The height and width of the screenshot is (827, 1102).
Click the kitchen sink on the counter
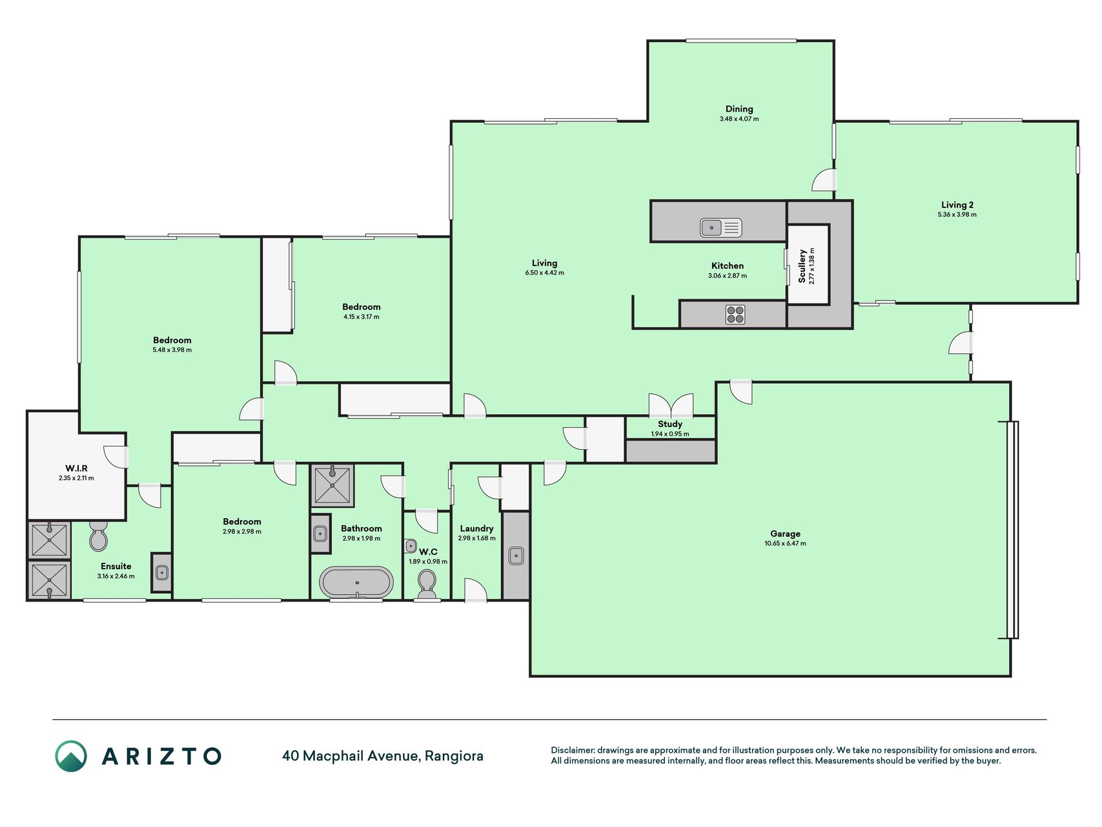pyautogui.click(x=721, y=227)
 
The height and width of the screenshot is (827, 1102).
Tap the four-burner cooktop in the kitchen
pyautogui.click(x=735, y=315)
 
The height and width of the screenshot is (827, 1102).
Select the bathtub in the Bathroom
pyautogui.click(x=356, y=582)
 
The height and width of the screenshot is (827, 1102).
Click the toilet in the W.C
pyautogui.click(x=426, y=584)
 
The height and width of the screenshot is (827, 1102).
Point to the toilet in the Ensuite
pyautogui.click(x=98, y=536)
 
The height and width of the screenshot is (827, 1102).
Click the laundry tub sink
pyautogui.click(x=516, y=556)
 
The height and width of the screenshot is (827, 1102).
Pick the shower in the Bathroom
pyautogui.click(x=332, y=485)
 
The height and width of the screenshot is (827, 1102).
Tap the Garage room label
pyautogui.click(x=785, y=534)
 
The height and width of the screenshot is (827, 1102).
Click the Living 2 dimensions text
pyautogui.click(x=957, y=215)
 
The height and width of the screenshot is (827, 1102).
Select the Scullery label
pyautogui.click(x=802, y=266)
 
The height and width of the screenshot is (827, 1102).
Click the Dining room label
pyautogui.click(x=739, y=109)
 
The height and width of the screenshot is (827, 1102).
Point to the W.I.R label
pyautogui.click(x=76, y=468)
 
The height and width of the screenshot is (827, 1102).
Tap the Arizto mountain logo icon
pyautogui.click(x=71, y=756)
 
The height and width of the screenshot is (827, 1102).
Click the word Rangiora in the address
pyautogui.click(x=454, y=756)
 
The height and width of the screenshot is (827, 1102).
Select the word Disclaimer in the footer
pyautogui.click(x=573, y=750)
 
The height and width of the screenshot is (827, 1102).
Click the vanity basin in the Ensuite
pyautogui.click(x=162, y=572)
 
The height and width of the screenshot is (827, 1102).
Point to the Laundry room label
pyautogui.click(x=476, y=529)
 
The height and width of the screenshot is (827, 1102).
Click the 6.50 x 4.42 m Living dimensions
pyautogui.click(x=544, y=273)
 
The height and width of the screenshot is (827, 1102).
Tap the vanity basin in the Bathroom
pyautogui.click(x=320, y=534)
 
